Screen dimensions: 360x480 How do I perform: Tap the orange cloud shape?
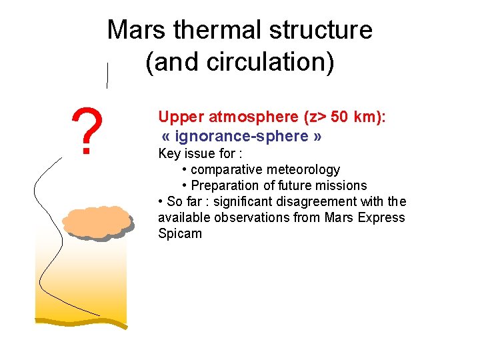pyautogui.click(x=97, y=222)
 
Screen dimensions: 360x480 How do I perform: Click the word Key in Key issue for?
pyautogui.click(x=169, y=154)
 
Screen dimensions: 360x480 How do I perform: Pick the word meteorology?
pyautogui.click(x=303, y=170)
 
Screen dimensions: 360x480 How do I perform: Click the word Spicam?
pyautogui.click(x=179, y=234)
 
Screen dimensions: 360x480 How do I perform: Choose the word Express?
pyautogui.click(x=381, y=218)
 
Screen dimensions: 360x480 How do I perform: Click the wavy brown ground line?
pyautogui.click(x=81, y=322)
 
